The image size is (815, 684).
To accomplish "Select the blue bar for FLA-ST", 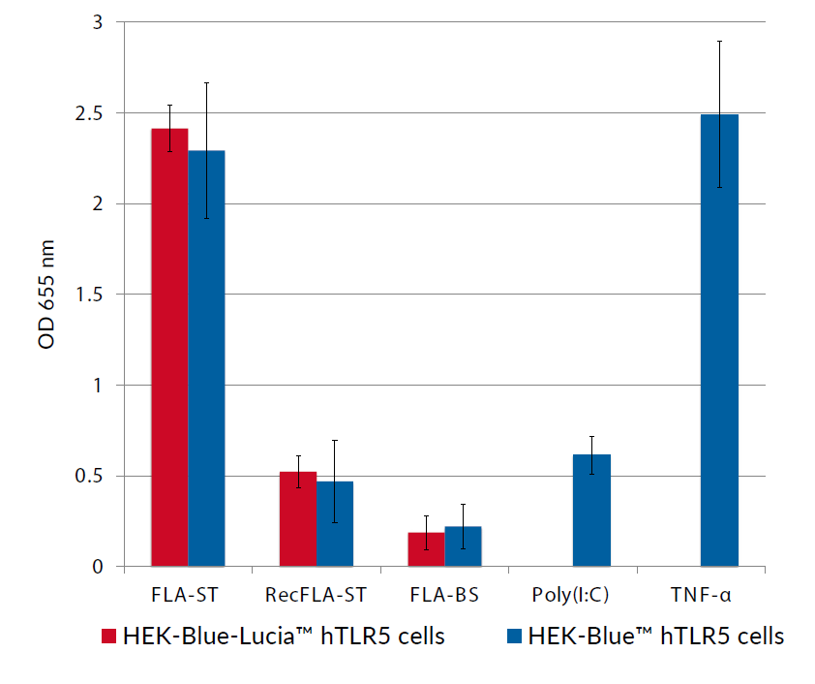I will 206,358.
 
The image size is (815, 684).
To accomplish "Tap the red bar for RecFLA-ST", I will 298,518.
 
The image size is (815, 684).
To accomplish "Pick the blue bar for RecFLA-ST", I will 335,523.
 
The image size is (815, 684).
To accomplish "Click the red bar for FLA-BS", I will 426,549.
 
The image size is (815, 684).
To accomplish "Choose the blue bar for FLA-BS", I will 463,546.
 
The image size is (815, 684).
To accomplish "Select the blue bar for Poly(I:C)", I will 591,511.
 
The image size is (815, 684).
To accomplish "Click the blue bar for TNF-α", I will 719,340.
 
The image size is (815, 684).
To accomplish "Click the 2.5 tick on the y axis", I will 93,113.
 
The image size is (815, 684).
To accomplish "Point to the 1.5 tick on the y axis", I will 93,295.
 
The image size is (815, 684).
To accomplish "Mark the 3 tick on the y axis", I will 100,22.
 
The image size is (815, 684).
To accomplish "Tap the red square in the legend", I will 109,637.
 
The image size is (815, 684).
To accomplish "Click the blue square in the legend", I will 514,637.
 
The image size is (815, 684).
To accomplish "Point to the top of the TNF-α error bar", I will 719,42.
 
